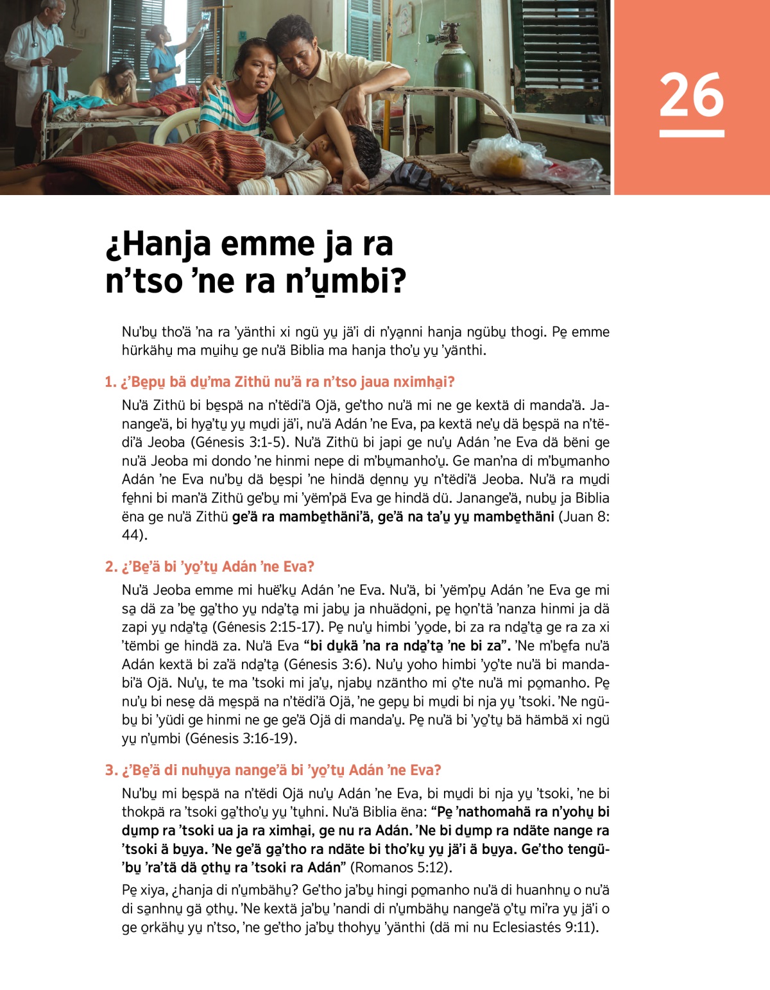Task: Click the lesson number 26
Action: [x=691, y=95]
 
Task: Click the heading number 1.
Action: [x=110, y=382]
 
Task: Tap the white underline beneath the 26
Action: [x=691, y=133]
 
